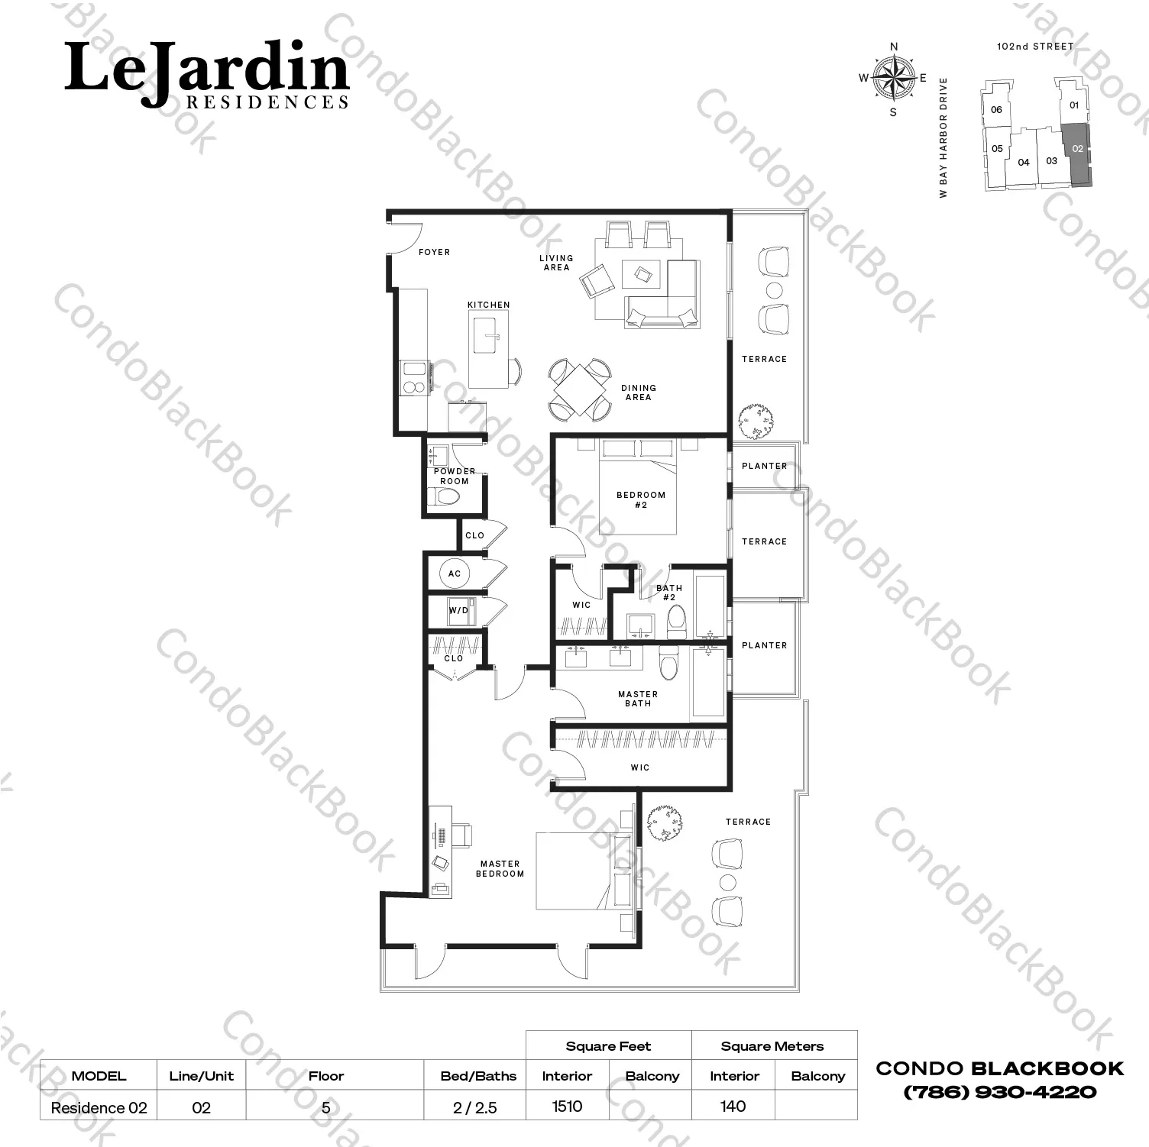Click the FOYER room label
(x=434, y=252)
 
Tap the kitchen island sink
(x=487, y=336)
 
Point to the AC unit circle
(x=455, y=573)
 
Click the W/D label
(x=458, y=610)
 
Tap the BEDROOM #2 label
(x=641, y=499)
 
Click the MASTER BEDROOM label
(x=500, y=868)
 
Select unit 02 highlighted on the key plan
(x=1077, y=153)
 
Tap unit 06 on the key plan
(x=996, y=109)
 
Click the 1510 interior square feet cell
(x=567, y=1106)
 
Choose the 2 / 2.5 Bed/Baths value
(x=474, y=1107)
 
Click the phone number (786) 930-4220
(x=999, y=1092)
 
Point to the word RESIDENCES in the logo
(x=267, y=102)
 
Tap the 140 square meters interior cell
(x=733, y=1106)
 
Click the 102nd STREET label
(x=1035, y=47)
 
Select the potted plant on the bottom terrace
(x=664, y=823)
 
